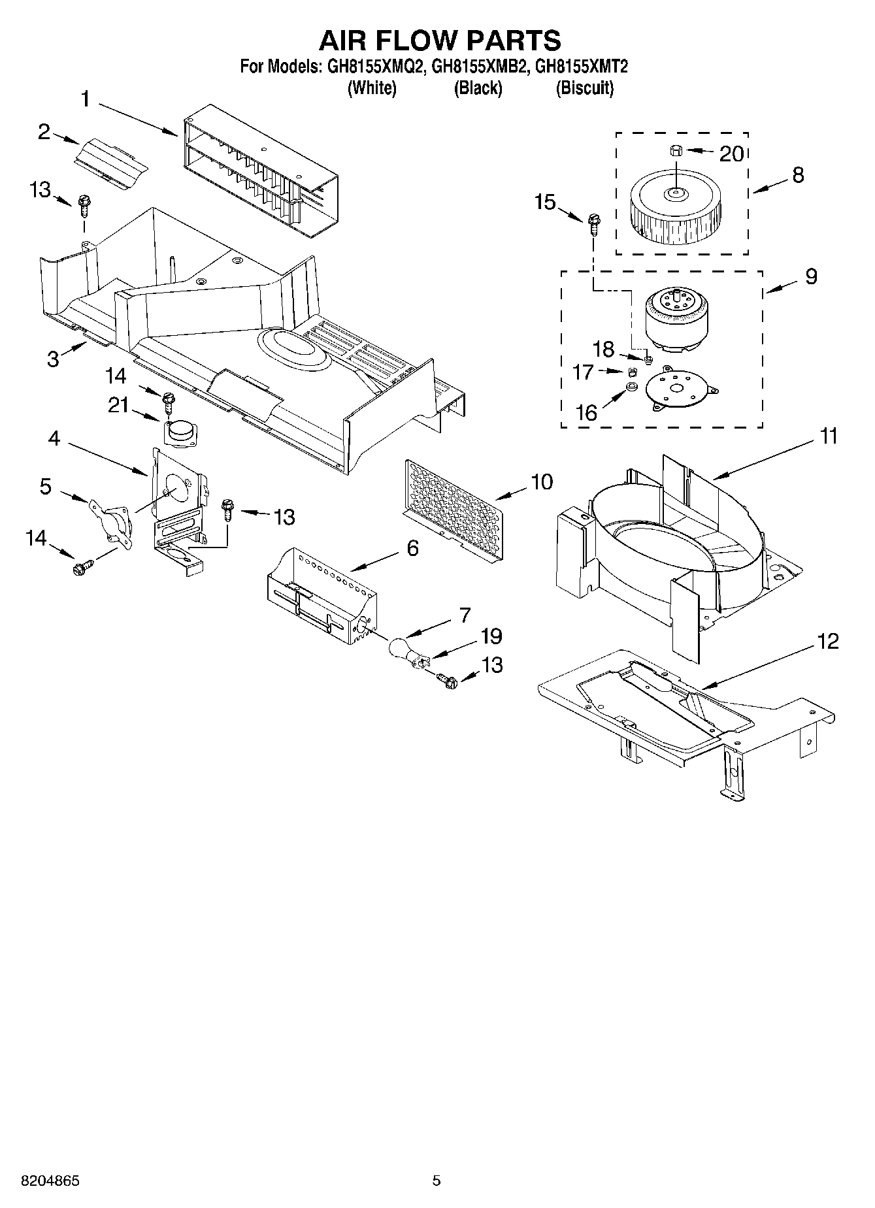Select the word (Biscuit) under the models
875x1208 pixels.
point(584,88)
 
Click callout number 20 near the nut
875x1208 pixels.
point(731,154)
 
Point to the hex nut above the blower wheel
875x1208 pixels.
point(676,151)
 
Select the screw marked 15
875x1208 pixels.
point(593,225)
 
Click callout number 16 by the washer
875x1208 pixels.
point(586,412)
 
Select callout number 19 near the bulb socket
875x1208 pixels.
point(491,636)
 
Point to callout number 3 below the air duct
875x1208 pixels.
point(53,359)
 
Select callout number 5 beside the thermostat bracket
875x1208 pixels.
point(45,487)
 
